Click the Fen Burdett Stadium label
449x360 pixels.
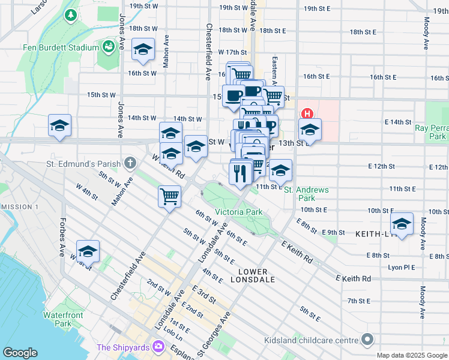pyautogui.click(x=52, y=47)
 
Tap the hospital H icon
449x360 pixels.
pyautogui.click(x=307, y=113)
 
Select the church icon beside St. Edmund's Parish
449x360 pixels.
pyautogui.click(x=130, y=163)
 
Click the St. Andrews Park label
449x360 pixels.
pyautogui.click(x=306, y=193)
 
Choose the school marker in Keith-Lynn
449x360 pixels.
pyautogui.click(x=402, y=224)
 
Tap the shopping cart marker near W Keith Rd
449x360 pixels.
pyautogui.click(x=170, y=196)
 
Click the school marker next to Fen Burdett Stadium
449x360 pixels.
pyautogui.click(x=143, y=50)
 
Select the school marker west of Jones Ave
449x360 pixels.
pyautogui.click(x=59, y=126)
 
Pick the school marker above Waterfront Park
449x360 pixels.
pyautogui.click(x=88, y=252)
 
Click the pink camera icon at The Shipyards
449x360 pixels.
pyautogui.click(x=159, y=346)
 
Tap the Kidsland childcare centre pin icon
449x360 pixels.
pyautogui.click(x=367, y=340)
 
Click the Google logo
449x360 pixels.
pyautogui.click(x=20, y=353)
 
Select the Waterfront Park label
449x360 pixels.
pyautogui.click(x=59, y=319)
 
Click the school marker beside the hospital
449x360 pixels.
pyautogui.click(x=310, y=129)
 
